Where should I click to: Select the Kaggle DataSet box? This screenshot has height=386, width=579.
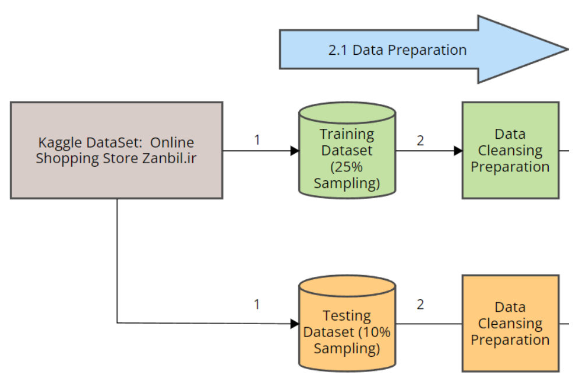(116, 150)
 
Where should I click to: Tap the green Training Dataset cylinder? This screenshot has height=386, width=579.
(347, 150)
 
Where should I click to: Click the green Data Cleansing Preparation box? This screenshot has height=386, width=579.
(510, 150)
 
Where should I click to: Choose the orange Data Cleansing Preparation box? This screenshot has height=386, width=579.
(510, 323)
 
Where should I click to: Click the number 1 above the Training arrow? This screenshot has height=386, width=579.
(257, 140)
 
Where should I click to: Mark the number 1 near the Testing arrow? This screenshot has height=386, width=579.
(257, 304)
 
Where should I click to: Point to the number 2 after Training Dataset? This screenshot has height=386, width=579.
(420, 140)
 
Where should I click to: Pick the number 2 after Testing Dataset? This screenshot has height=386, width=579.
(420, 304)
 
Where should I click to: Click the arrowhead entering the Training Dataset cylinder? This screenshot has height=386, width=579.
(295, 151)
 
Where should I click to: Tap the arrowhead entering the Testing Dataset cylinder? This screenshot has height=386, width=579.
(295, 323)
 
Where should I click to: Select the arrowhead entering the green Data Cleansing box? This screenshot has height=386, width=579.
(458, 151)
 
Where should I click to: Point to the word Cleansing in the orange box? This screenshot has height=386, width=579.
(510, 323)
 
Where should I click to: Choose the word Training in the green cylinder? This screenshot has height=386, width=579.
(347, 134)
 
